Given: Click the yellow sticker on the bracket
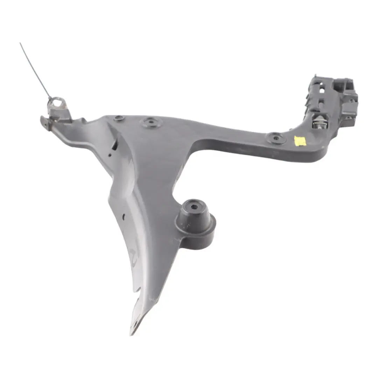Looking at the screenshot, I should point(300,141).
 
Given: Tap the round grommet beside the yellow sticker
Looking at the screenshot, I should point(276,138).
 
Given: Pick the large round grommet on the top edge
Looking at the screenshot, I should point(151,122).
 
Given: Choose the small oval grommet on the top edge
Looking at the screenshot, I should point(119,118).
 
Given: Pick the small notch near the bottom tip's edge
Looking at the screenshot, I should point(139,290).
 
